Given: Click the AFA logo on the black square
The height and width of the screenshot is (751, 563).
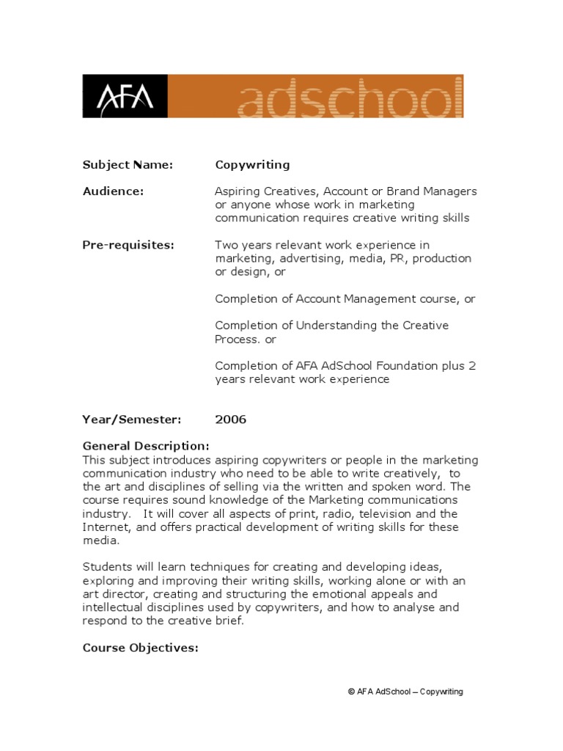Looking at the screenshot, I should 125,96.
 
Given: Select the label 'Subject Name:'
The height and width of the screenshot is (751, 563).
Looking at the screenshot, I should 128,165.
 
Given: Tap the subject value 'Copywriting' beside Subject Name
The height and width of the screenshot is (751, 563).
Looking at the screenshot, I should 252,165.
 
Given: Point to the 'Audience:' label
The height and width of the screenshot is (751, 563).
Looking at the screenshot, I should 113,191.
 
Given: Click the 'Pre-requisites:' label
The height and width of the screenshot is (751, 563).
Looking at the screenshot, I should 128,245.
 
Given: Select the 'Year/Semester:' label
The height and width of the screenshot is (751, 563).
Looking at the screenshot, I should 131,420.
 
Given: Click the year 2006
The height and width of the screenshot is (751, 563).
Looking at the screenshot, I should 231,420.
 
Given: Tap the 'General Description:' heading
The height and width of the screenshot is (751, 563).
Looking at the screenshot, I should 146,446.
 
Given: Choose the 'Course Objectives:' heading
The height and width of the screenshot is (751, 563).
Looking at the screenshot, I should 140,648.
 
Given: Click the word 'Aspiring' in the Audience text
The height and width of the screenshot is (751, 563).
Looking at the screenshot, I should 238,192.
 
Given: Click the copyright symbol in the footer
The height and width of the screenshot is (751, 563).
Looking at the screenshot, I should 352,692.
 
